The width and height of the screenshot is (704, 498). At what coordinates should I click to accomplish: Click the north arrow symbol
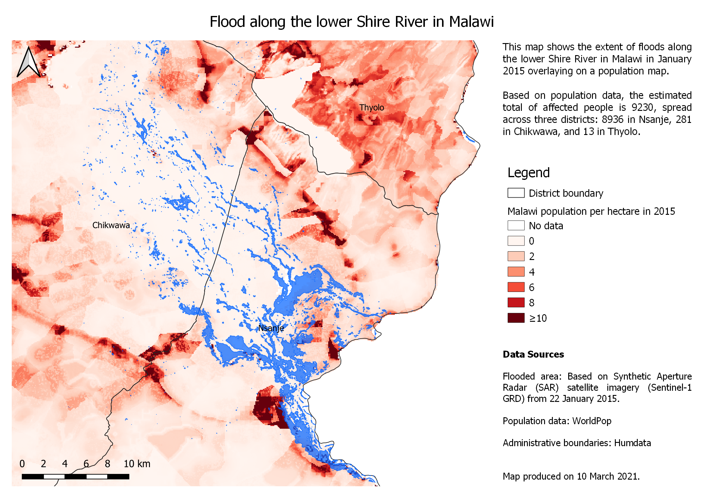pos(29,62)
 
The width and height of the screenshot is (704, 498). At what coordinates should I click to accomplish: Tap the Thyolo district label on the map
pos(372,108)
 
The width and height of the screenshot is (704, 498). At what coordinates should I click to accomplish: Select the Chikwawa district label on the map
pos(111,226)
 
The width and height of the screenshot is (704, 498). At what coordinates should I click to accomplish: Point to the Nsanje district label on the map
pos(271,328)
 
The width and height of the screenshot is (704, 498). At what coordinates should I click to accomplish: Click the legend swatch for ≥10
pos(516,318)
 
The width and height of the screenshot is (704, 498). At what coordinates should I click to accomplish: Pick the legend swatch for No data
pos(516,226)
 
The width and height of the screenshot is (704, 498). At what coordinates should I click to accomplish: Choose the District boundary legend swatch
pos(516,193)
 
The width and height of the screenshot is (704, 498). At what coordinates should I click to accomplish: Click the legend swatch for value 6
pos(516,287)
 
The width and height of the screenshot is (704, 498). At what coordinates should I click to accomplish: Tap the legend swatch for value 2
pos(516,256)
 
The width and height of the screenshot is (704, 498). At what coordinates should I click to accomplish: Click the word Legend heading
pos(528,173)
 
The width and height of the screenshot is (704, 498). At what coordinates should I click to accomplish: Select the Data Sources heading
pos(533,354)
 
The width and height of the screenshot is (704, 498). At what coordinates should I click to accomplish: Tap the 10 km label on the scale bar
pos(137,464)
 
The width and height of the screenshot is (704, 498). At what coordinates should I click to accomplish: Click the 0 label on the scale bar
pos(22,464)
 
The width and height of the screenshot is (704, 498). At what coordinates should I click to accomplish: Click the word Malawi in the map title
pos(471,22)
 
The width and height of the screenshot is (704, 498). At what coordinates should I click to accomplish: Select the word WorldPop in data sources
pos(592,421)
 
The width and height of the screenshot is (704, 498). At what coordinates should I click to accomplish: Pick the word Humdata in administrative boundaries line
pos(632,443)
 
